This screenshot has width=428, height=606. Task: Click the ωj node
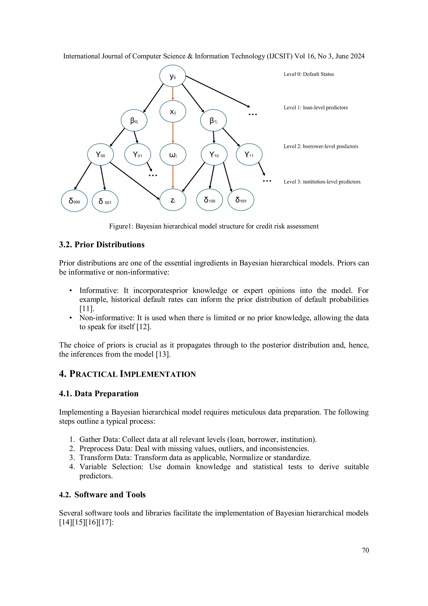(173, 155)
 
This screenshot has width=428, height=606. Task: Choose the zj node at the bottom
(173, 200)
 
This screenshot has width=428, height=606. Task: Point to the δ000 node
(74, 201)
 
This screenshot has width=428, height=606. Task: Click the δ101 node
(241, 200)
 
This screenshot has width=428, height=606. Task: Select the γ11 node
(249, 155)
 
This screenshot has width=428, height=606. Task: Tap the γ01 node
(137, 155)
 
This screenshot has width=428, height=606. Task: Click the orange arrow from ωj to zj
(173, 177)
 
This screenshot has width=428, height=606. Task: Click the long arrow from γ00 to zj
(135, 181)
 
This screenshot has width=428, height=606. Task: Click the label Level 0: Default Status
(308, 74)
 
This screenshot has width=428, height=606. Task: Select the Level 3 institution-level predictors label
(322, 182)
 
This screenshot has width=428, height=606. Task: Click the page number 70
(365, 550)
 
